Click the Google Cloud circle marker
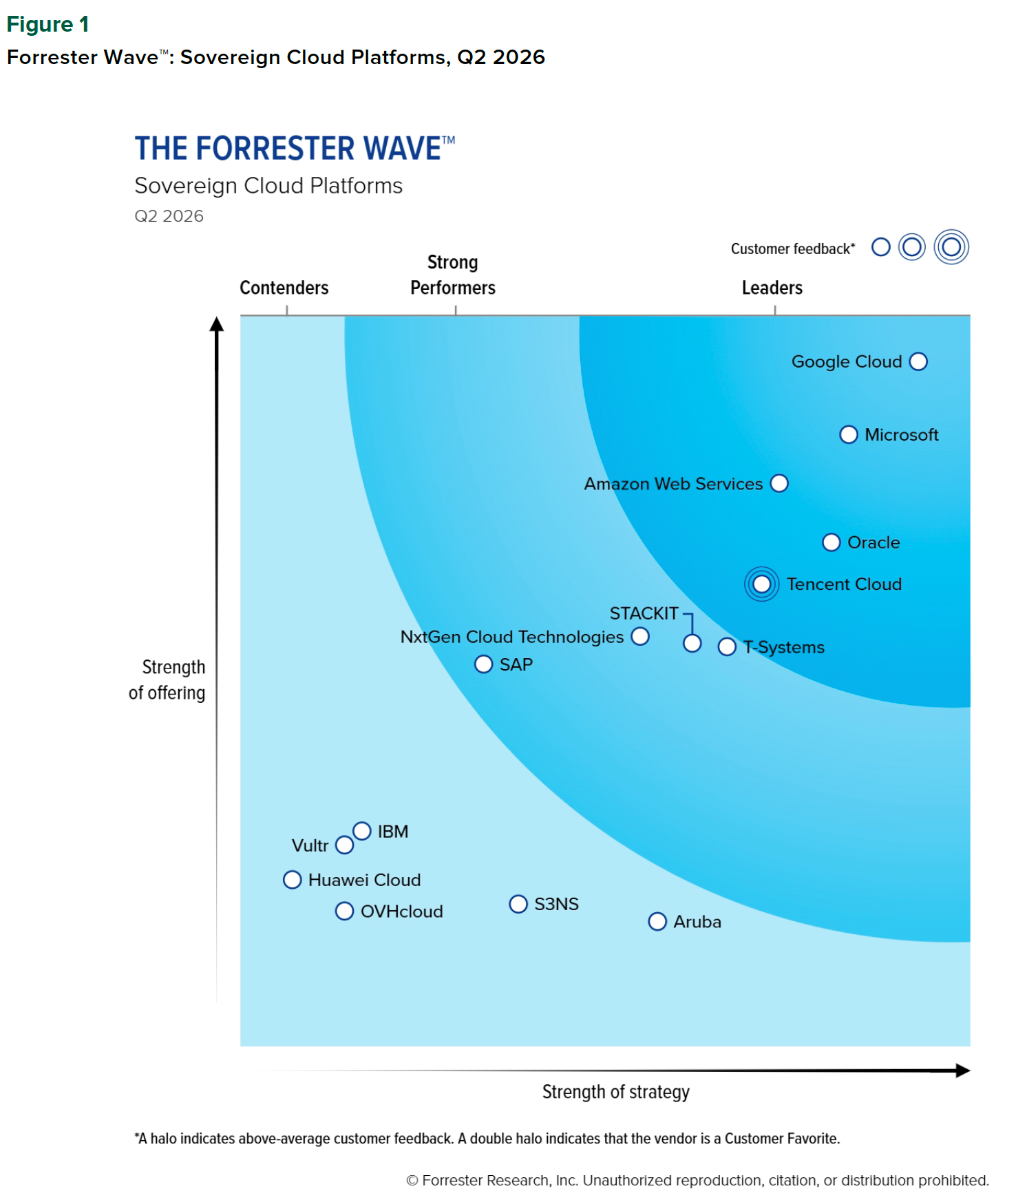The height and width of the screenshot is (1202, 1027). tap(918, 361)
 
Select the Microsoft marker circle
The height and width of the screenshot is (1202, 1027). tap(849, 434)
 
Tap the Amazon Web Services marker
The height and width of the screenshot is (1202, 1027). tap(779, 483)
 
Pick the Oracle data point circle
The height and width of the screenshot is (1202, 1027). tap(832, 542)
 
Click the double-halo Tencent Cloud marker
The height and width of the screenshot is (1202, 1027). tap(762, 584)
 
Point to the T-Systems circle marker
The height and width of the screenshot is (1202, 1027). tap(727, 647)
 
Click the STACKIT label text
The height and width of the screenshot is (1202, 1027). tap(644, 613)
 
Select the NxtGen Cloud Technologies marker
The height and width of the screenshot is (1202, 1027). tap(640, 637)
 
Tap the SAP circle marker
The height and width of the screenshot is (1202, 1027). tap(484, 664)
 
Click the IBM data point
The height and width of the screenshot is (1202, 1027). tap(362, 831)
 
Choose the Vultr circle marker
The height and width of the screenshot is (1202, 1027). tap(345, 845)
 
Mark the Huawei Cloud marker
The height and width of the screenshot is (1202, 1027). tap(293, 880)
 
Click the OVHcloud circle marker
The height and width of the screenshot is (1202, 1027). tap(345, 911)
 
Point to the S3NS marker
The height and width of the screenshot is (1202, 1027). tap(518, 904)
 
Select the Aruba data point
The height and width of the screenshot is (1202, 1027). tap(657, 922)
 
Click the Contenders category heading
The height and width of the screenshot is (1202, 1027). tap(284, 288)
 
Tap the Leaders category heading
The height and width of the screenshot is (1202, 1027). tap(772, 288)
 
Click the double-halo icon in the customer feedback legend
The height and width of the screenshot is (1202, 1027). tap(951, 247)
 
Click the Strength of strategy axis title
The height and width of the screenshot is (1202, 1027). tap(615, 1092)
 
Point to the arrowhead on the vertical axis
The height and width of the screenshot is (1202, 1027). tap(217, 324)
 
